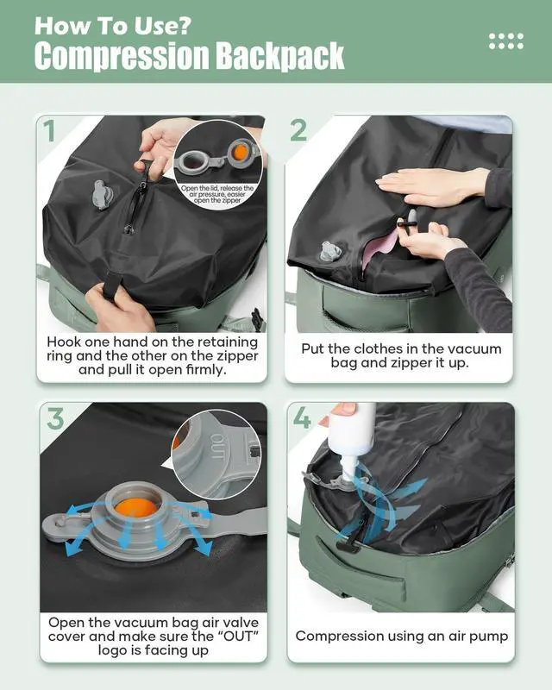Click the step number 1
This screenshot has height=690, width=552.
[50, 130]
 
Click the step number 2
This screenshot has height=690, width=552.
[298, 130]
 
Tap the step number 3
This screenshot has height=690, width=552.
[54, 418]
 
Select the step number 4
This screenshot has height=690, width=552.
[303, 418]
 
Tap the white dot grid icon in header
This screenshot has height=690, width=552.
[505, 41]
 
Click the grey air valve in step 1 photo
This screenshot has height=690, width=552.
[102, 195]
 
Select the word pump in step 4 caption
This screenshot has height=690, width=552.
[488, 636]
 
